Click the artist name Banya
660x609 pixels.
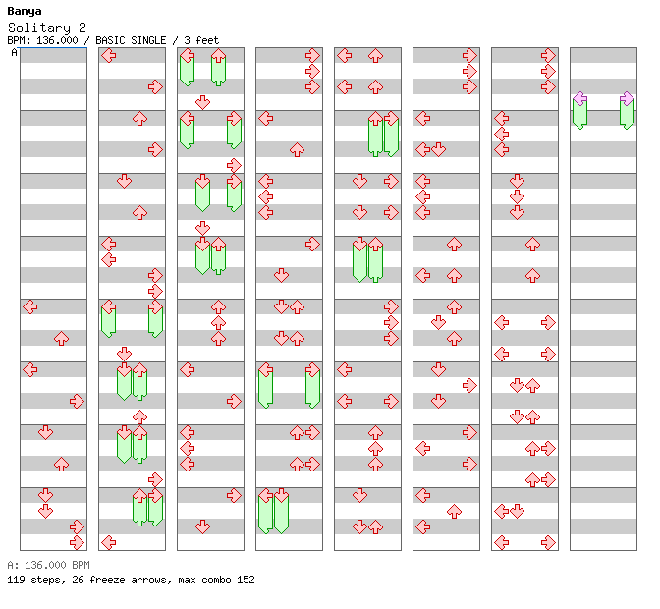pos(25,12)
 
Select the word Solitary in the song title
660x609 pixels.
pos(39,28)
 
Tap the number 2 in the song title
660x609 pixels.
pos(82,28)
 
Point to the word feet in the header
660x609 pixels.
pos(207,40)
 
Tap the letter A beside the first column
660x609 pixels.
pos(15,53)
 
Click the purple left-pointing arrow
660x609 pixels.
pos(580,99)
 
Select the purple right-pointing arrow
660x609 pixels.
pos(627,99)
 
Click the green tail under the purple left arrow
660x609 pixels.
pos(580,115)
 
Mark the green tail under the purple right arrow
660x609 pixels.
pos(627,115)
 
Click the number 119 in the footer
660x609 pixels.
pos(16,580)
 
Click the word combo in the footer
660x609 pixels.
pos(216,580)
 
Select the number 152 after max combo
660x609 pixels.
pos(246,580)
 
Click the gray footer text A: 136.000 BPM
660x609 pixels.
pos(48,565)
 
